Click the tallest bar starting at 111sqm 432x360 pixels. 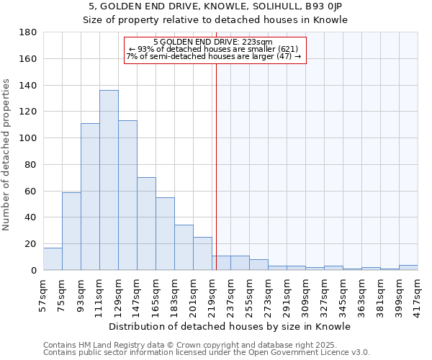(109, 180)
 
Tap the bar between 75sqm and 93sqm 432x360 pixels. (71, 231)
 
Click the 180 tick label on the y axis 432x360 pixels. (28, 32)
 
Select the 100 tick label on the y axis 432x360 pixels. (28, 138)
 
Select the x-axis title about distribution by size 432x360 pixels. (230, 326)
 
